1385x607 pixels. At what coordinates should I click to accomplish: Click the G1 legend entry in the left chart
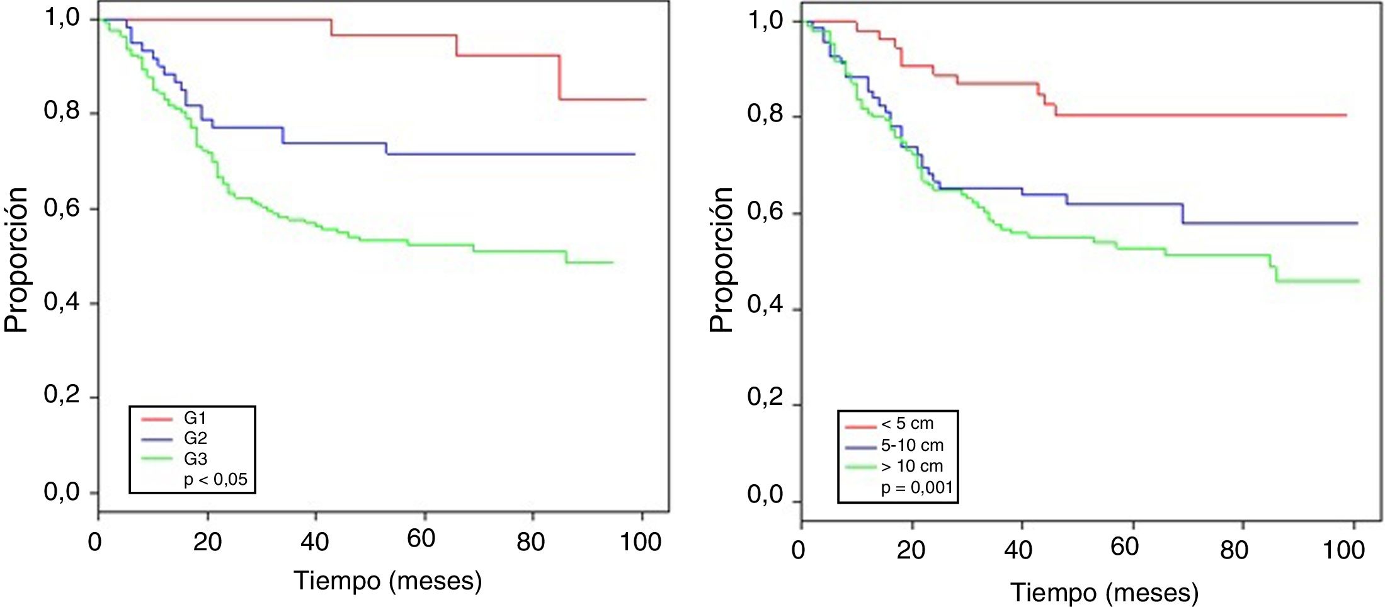pos(195,419)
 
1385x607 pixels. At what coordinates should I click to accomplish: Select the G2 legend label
pos(195,438)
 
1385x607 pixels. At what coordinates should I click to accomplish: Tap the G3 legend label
pos(195,458)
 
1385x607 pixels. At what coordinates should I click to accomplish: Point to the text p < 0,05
pos(215,480)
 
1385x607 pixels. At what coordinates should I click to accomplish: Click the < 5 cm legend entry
pos(907,424)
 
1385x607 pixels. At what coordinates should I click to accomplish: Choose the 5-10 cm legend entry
pos(912,445)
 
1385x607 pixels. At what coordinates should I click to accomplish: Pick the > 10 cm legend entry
pos(911,466)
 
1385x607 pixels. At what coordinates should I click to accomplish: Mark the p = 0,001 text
pos(917,488)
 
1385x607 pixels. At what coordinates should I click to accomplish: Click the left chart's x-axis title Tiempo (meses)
pos(388,581)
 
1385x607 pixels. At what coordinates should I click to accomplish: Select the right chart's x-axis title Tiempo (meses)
pos(1105,593)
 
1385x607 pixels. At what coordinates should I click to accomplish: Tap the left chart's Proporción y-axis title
pos(16,259)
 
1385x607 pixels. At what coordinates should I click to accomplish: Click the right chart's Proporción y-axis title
pos(722,259)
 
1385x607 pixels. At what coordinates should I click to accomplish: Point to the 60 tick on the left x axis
pos(421,540)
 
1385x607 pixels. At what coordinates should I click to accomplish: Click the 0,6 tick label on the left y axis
pos(62,207)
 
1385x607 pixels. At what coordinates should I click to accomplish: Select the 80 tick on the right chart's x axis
pos(1234,550)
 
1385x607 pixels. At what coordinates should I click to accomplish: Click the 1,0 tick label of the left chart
pos(62,18)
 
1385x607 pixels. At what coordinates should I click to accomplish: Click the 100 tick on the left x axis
pos(641,542)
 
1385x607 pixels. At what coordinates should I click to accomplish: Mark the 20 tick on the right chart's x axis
pos(911,550)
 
